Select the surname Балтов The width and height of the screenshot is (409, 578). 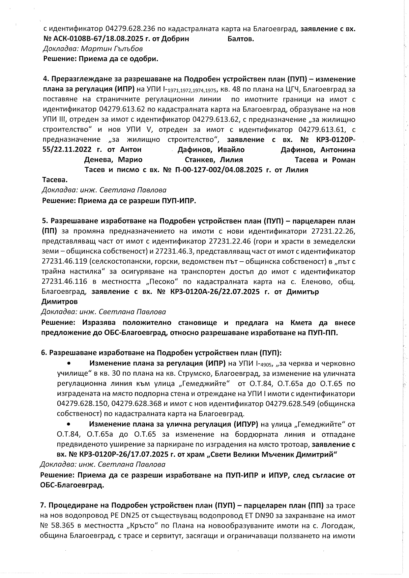coord(241,39)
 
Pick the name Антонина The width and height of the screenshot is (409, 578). coord(338,150)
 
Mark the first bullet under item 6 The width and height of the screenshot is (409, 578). coord(69,364)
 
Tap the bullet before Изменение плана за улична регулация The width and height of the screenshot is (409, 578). coord(69,424)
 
